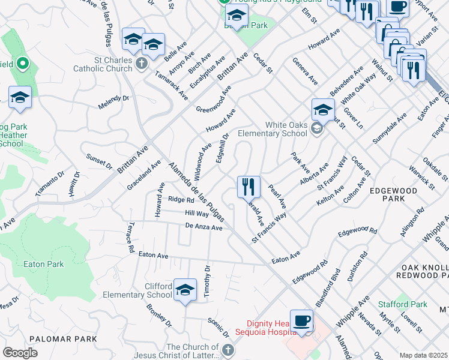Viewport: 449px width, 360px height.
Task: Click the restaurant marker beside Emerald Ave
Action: (248, 187)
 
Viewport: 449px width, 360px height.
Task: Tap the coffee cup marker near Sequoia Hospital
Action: (301, 320)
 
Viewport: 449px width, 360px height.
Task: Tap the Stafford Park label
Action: (403, 304)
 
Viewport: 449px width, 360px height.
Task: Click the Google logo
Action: (20, 352)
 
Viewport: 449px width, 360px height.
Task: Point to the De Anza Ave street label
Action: (204, 227)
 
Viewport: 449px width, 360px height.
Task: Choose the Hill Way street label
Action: (197, 213)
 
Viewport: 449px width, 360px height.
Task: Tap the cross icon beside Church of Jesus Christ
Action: (228, 350)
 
